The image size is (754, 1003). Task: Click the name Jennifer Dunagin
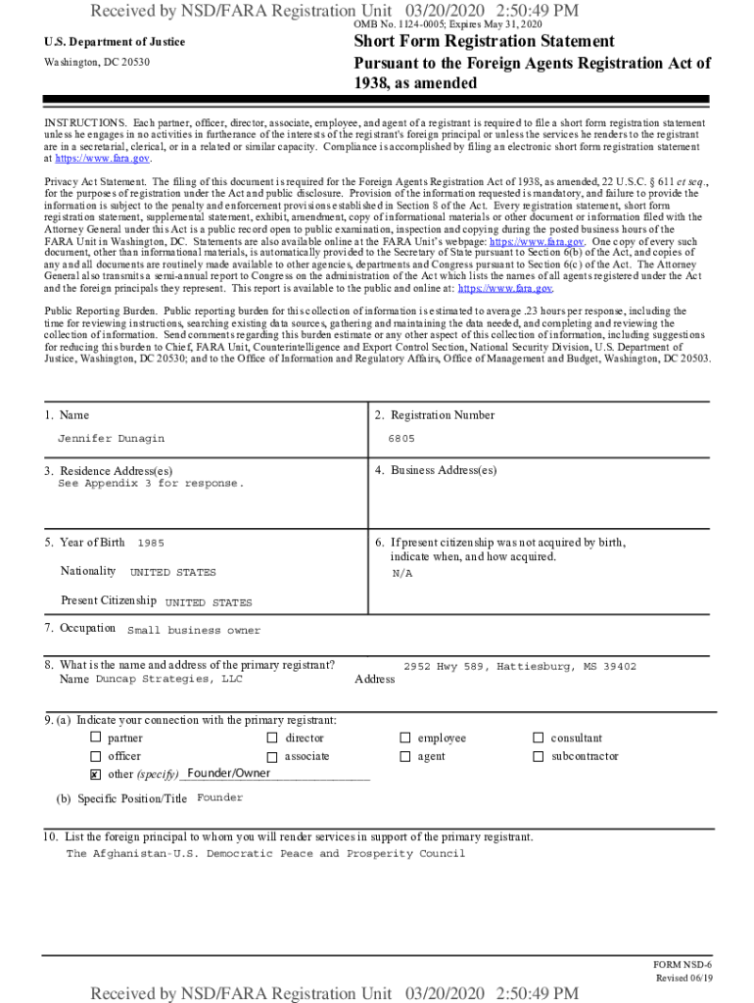111,439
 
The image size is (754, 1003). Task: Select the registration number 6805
401,439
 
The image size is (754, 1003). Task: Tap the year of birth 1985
151,543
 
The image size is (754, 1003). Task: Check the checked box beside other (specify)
96,775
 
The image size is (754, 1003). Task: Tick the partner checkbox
96,738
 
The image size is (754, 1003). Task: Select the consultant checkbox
537,738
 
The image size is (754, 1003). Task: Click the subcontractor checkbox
537,756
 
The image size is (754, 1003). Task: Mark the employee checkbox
404,738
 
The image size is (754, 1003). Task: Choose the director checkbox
271,738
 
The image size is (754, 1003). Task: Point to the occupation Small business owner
194,631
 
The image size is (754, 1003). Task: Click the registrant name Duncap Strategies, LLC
168,679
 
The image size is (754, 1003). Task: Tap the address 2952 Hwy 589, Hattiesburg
519,666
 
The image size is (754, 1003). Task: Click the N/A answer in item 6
402,573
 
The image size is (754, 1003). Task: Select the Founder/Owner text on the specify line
228,774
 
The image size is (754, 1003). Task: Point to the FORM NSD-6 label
682,965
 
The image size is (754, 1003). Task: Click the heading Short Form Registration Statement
484,41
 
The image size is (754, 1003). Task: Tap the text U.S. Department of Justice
115,42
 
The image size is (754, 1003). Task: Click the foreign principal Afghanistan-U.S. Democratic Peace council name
265,853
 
